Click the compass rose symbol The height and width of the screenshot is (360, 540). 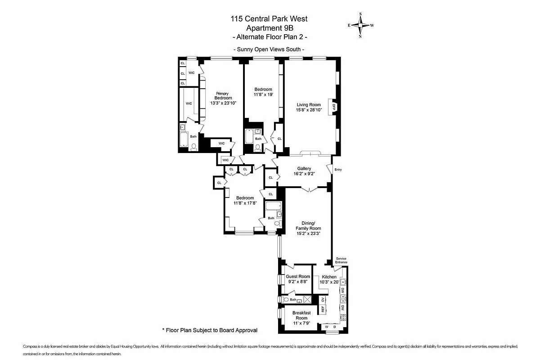[360, 25]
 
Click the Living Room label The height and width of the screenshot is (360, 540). [309, 104]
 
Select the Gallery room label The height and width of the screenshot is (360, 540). [304, 169]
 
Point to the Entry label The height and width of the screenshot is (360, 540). [338, 170]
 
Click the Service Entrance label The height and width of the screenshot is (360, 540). [341, 260]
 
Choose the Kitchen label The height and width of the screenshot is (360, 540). [329, 277]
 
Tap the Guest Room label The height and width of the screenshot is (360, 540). [298, 276]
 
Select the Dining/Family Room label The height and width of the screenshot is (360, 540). [308, 225]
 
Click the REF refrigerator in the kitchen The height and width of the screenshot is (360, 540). [323, 309]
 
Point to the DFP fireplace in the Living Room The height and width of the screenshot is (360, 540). [334, 107]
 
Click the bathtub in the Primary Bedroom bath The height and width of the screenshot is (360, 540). [184, 139]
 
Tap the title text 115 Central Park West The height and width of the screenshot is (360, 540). [269, 18]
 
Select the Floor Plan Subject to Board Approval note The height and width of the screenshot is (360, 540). [210, 330]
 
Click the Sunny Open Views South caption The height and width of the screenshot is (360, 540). [269, 49]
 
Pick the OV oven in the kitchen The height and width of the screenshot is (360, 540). [323, 300]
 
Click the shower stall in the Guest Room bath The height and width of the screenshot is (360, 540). [307, 299]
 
